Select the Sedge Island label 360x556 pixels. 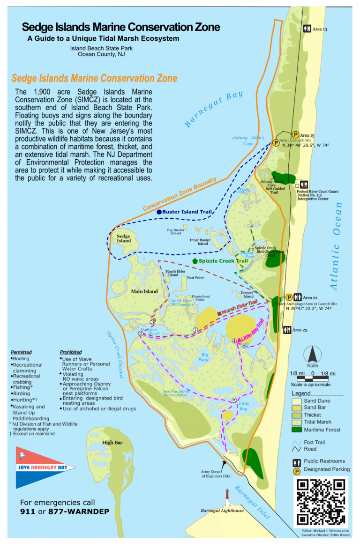[124, 238]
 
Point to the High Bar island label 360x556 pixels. [112, 442]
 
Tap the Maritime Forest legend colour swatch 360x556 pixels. [296, 430]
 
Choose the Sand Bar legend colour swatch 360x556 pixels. [296, 408]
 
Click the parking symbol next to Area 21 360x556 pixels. [289, 297]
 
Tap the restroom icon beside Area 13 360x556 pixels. [307, 29]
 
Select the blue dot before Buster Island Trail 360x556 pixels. [159, 212]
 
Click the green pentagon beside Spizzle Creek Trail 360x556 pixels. [195, 260]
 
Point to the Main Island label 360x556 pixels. [144, 291]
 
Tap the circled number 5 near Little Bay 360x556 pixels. [234, 400]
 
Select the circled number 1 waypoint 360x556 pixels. [195, 330]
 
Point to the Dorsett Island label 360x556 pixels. [248, 295]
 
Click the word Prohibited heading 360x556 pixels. [71, 352]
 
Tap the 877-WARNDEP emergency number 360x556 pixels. [82, 512]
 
